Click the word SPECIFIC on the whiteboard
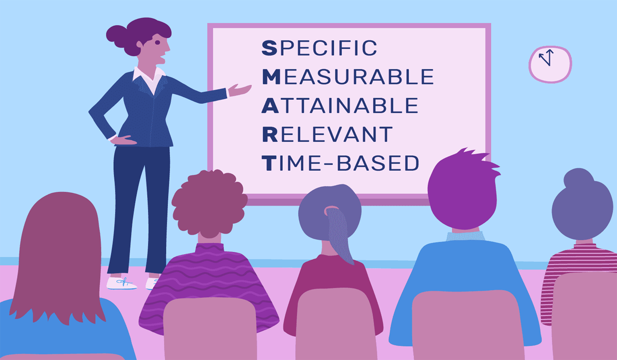tap(319, 48)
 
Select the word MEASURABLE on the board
tap(348, 77)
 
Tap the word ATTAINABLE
tap(340, 105)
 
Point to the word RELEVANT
tap(327, 134)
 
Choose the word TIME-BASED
tap(340, 163)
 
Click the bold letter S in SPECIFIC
tap(269, 48)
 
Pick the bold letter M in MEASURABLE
tap(271, 77)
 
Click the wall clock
tap(550, 64)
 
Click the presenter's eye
tap(157, 42)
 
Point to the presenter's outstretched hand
tap(239, 90)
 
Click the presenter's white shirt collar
tap(149, 78)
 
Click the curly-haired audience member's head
tap(209, 203)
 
